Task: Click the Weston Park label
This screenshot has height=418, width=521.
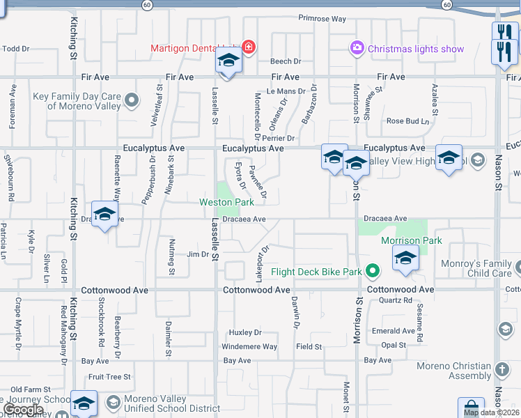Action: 227,202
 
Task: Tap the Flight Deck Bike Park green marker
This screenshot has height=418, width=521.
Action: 373,272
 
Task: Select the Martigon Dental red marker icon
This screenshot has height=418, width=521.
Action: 249,47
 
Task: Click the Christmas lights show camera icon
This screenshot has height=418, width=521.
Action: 357,48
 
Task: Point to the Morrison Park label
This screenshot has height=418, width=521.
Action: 412,240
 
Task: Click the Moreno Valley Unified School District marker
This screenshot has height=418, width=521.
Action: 113,403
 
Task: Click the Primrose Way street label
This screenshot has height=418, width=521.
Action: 322,19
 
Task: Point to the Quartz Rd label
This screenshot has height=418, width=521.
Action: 396,300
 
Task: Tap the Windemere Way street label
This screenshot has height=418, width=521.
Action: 249,347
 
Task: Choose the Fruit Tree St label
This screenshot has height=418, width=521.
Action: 109,377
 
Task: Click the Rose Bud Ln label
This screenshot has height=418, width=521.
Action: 408,121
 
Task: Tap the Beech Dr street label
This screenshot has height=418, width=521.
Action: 286,61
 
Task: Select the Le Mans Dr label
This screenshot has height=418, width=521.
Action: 286,91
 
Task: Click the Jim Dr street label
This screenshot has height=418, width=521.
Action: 198,254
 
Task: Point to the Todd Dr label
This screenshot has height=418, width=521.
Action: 16,49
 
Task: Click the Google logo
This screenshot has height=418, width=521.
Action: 23,410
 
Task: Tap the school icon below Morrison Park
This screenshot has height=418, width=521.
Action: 405,258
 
